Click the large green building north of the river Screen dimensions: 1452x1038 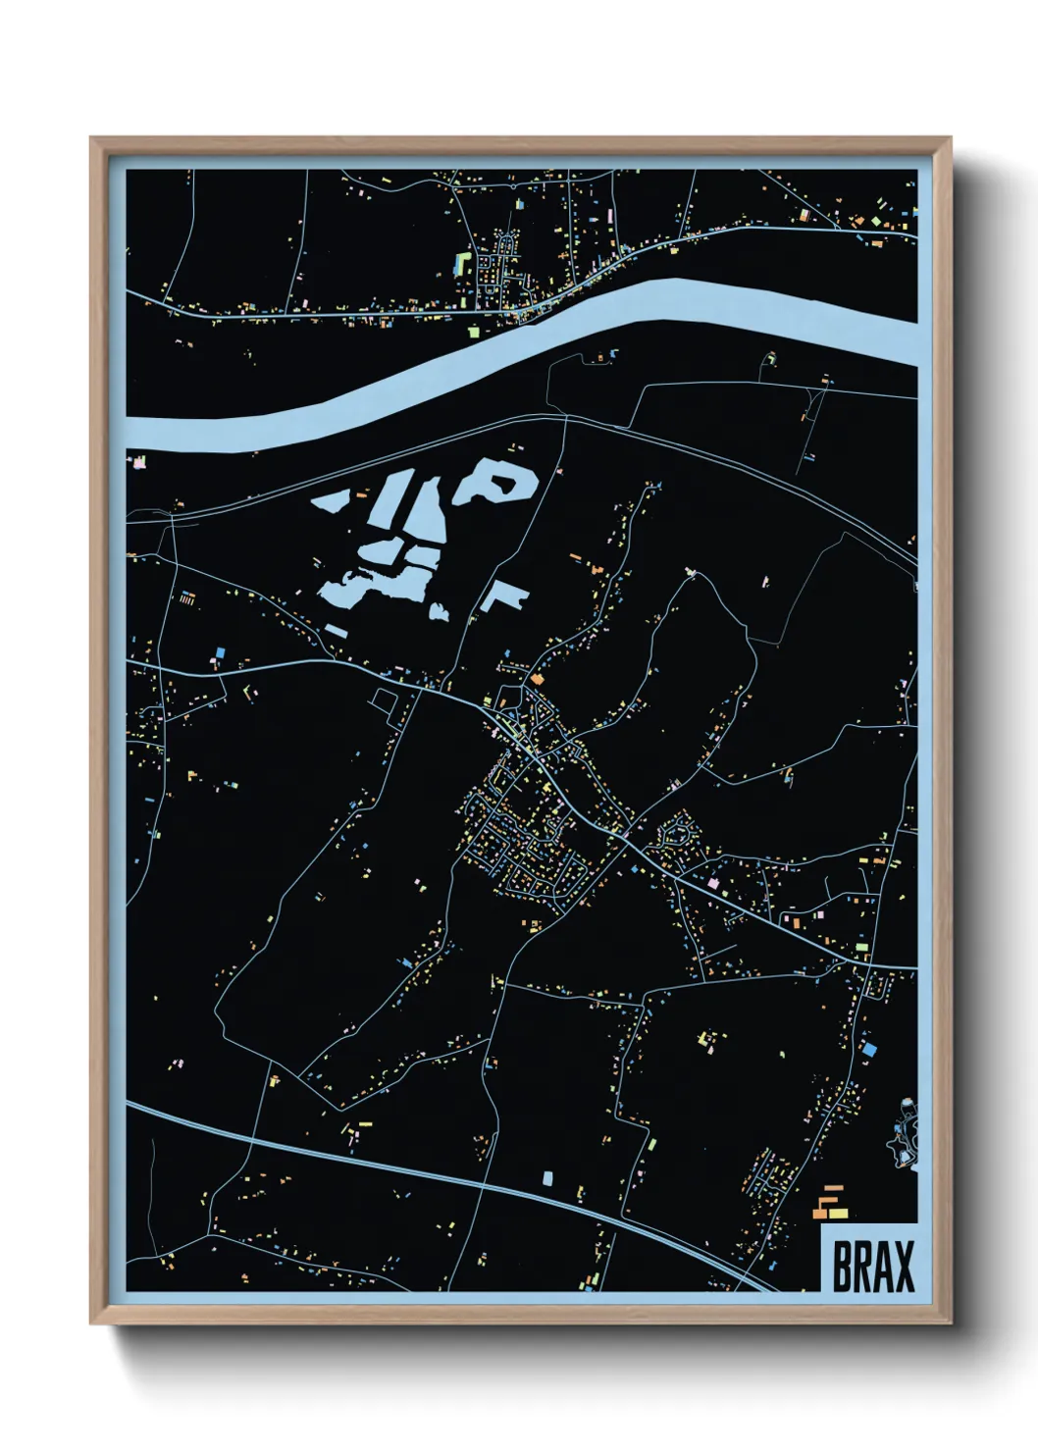(x=461, y=263)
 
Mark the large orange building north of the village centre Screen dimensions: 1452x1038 (x=537, y=677)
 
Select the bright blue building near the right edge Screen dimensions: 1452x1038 (x=868, y=1049)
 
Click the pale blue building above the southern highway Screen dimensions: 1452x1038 (x=547, y=1176)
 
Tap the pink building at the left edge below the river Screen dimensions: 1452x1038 (x=138, y=460)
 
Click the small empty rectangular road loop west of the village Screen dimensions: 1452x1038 (x=384, y=699)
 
